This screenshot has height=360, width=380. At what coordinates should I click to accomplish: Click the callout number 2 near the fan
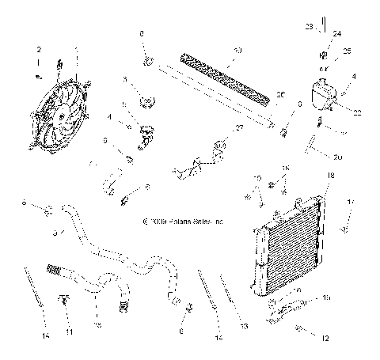coord(37,51)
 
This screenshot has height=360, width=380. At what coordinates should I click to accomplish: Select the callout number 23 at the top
coord(308,28)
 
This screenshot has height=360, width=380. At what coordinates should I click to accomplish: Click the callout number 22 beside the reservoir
coord(357,113)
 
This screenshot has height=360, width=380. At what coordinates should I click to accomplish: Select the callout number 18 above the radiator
coord(331,175)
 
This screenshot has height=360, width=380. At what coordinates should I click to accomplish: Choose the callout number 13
coord(243,326)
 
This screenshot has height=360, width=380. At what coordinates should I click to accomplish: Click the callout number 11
coord(69,333)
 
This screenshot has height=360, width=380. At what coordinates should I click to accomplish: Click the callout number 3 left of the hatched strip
coord(125,80)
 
